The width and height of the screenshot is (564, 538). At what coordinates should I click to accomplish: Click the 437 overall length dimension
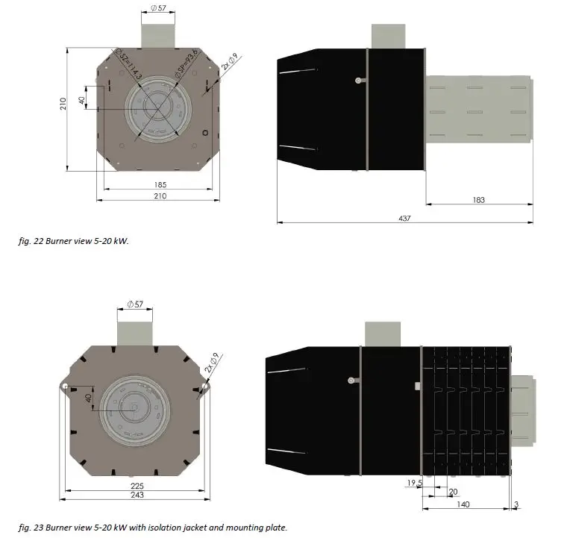pos(405,219)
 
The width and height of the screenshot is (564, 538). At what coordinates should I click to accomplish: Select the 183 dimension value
pos(478,200)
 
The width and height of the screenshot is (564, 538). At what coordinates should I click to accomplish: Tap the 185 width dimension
pos(160,184)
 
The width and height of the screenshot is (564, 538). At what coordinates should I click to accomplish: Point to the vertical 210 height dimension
pos(63,104)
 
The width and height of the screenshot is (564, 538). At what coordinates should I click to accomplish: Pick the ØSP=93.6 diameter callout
pos(185,63)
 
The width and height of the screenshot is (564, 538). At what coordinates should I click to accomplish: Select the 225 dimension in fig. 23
pos(137,485)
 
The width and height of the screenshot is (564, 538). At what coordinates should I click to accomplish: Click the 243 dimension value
pos(137,495)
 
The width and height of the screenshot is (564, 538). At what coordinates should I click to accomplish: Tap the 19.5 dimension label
pos(415,483)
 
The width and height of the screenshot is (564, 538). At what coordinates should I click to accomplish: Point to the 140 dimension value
pos(463,505)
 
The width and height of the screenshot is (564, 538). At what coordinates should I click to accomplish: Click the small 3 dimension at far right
pos(516,505)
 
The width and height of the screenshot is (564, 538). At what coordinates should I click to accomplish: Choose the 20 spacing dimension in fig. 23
pos(453,491)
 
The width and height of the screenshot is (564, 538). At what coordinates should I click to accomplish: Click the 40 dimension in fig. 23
pos(87,399)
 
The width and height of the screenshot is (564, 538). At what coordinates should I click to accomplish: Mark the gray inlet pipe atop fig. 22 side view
pos(388,37)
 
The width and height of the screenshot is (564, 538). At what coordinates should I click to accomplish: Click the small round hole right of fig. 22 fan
pos(205,133)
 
